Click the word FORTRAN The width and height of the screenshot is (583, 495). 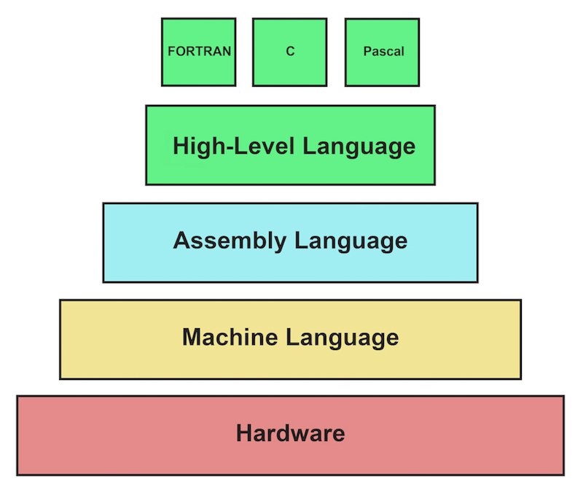[x=200, y=52]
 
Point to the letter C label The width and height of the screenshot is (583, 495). [x=290, y=52]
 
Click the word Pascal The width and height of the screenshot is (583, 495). [x=383, y=52]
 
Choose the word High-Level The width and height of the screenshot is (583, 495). [x=234, y=146]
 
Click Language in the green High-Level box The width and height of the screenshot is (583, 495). [x=359, y=146]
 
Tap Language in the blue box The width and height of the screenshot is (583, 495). [x=350, y=241]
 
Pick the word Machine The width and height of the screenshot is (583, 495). [x=230, y=338]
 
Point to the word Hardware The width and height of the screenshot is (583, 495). [x=290, y=434]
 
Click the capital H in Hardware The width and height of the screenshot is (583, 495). [x=244, y=434]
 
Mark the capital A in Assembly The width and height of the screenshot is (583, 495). [x=181, y=241]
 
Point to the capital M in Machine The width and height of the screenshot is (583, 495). [x=191, y=338]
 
